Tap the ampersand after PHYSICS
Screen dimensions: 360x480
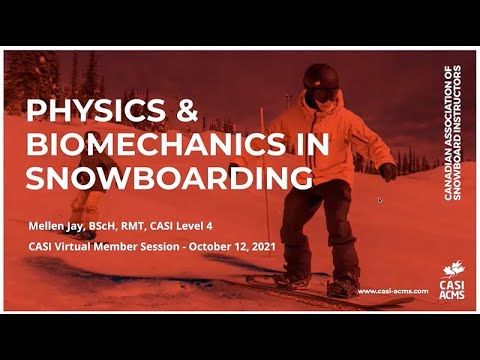[185, 110]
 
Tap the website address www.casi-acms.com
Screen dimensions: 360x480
[391, 291]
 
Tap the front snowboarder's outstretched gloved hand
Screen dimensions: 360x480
[387, 171]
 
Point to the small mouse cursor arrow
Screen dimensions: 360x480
[379, 200]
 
